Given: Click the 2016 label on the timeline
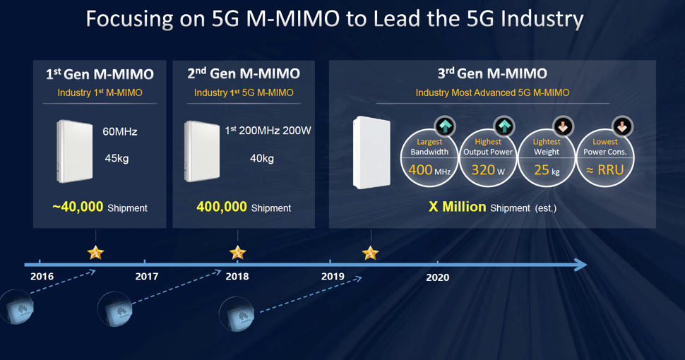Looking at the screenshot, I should (x=42, y=277).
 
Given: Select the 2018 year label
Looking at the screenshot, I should (x=237, y=277).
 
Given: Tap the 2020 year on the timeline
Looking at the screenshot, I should (x=438, y=277).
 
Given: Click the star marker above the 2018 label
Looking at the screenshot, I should (x=238, y=252).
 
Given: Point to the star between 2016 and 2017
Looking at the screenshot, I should (x=95, y=252).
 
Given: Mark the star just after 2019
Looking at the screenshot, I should (x=371, y=252).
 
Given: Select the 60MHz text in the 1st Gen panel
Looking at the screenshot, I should (x=120, y=132).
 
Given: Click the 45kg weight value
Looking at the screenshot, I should (x=117, y=158).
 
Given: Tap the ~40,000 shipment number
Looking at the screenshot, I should (x=78, y=208).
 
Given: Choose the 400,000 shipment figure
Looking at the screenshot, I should (x=222, y=208).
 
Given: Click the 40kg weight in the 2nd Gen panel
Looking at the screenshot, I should (x=262, y=158).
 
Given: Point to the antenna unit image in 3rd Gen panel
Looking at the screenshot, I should (x=371, y=152).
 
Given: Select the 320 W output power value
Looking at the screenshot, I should (x=488, y=170).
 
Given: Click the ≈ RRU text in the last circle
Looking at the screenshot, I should (x=605, y=170).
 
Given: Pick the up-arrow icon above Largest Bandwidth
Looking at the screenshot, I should (x=445, y=126).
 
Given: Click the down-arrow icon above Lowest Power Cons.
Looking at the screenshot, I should (x=622, y=126).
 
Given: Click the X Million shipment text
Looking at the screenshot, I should (x=458, y=207).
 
